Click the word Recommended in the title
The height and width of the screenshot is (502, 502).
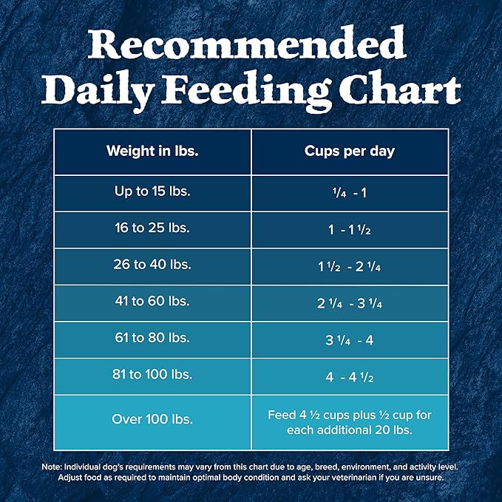pyautogui.click(x=251, y=46)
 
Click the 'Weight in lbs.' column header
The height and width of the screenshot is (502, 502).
pyautogui.click(x=152, y=152)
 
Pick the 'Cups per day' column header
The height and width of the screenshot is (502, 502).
pyautogui.click(x=350, y=152)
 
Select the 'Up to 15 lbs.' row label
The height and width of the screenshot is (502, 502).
pyautogui.click(x=152, y=191)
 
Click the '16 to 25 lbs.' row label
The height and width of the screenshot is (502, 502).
pyautogui.click(x=152, y=228)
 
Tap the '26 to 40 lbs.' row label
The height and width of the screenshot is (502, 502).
pyautogui.click(x=152, y=265)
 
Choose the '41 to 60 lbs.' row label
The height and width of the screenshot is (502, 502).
pyautogui.click(x=152, y=302)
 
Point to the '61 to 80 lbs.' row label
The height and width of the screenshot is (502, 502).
pyautogui.click(x=152, y=339)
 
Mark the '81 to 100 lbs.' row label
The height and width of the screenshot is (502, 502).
pyautogui.click(x=152, y=375)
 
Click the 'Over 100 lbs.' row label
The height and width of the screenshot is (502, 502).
pyautogui.click(x=152, y=419)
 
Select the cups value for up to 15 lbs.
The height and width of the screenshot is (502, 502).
pyautogui.click(x=350, y=192)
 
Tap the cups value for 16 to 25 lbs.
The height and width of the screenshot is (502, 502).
pyautogui.click(x=350, y=229)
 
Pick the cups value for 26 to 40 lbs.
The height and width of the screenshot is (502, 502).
pyautogui.click(x=350, y=266)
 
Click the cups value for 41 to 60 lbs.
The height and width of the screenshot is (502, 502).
pyautogui.click(x=350, y=302)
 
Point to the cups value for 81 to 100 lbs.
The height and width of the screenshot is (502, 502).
pyautogui.click(x=350, y=376)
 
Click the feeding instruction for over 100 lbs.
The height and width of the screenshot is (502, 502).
pyautogui.click(x=350, y=422)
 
